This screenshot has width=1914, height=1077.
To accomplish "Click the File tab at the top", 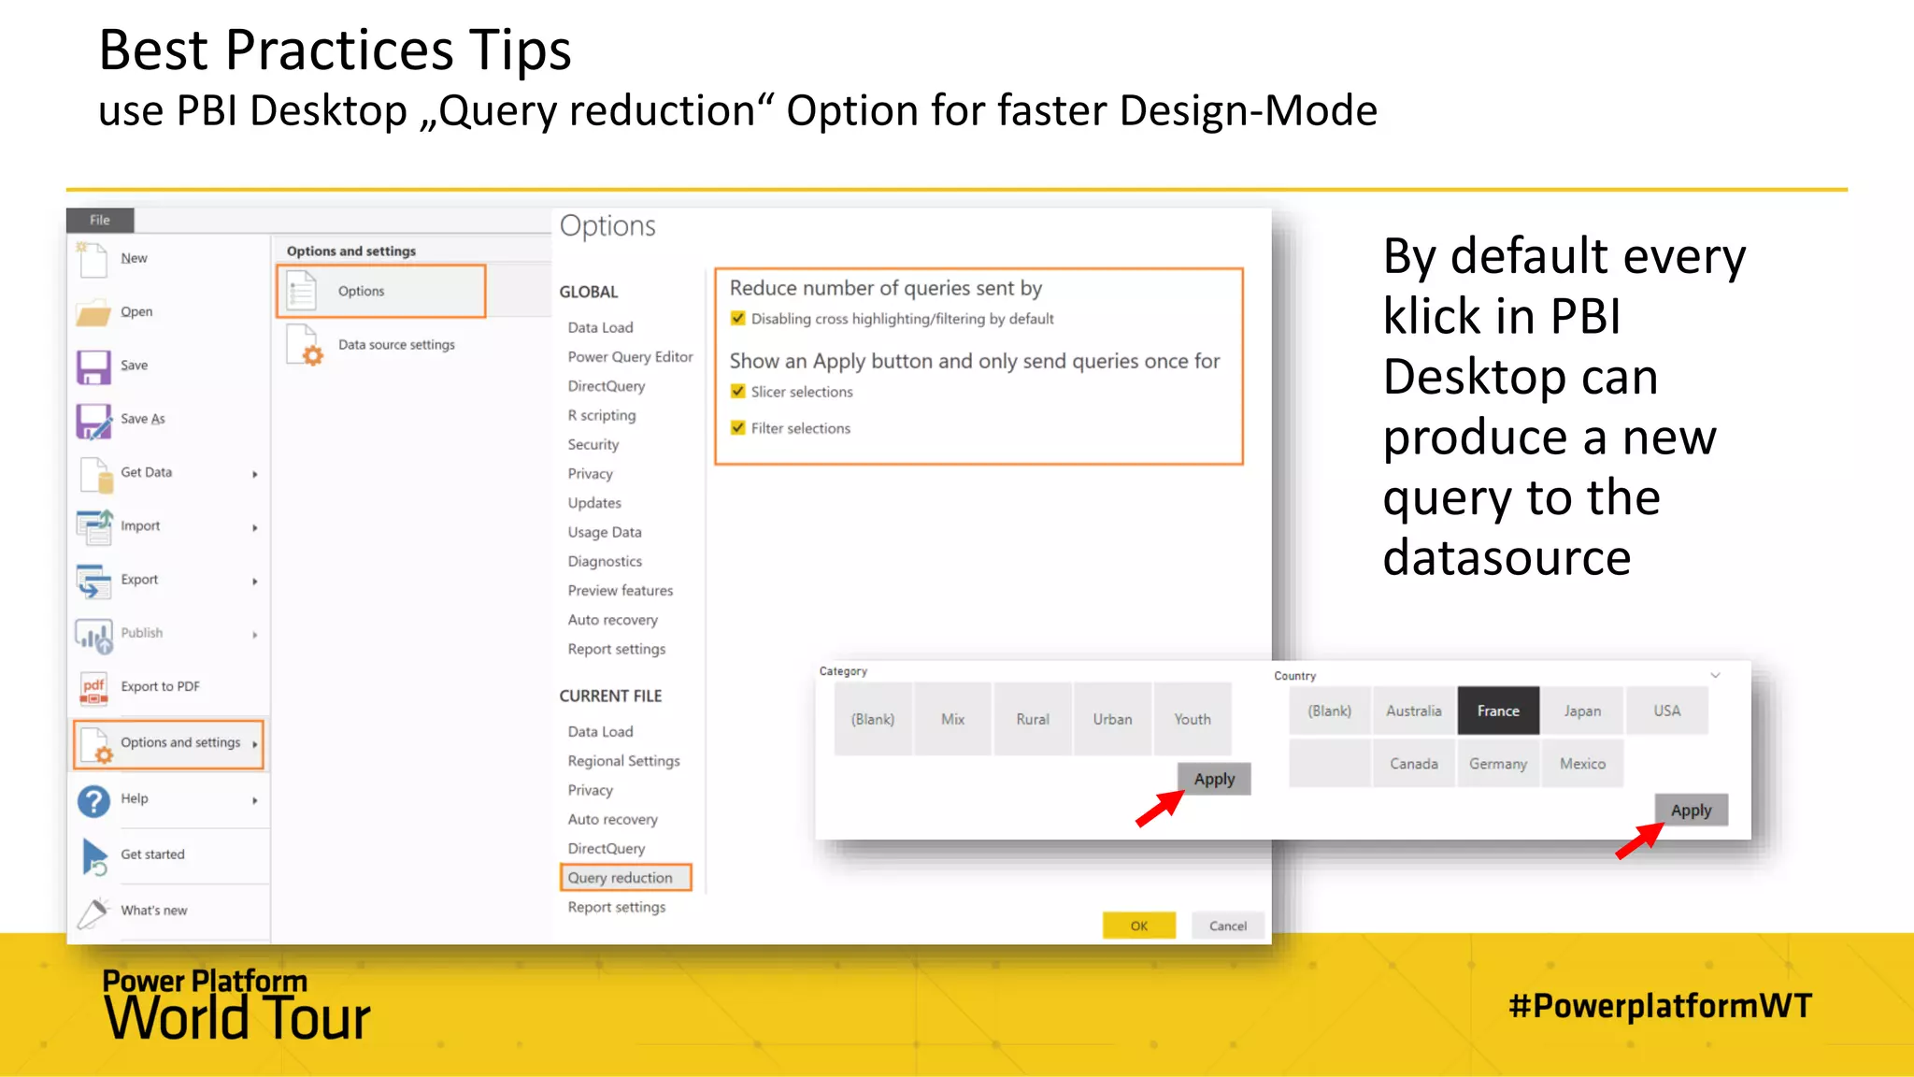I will (100, 220).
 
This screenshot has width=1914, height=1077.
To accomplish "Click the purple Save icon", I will (93, 366).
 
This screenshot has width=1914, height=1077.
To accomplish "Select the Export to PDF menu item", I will (160, 686).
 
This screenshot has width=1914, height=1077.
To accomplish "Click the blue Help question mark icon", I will (93, 800).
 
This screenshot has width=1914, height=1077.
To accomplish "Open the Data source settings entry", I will (396, 345).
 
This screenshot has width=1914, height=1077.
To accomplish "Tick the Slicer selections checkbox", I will (738, 392).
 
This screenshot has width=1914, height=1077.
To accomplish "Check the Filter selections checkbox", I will (738, 428).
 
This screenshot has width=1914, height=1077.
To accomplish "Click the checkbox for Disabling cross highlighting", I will (738, 319).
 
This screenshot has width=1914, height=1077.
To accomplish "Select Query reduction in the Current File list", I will (621, 878).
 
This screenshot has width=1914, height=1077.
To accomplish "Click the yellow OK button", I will (1138, 926).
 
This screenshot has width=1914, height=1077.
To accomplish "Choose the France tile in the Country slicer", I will (1498, 711).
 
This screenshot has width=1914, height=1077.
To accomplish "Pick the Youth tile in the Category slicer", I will (1193, 719).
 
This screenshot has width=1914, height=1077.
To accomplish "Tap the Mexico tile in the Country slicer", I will (1582, 764).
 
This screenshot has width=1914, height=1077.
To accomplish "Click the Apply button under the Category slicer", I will (1214, 779).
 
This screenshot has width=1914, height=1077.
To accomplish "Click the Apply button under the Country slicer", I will (1691, 811).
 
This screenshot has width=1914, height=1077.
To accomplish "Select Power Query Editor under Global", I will (630, 357).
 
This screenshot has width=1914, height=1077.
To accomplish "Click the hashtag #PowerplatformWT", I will (1660, 1006).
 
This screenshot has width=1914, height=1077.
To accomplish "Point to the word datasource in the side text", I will (1507, 558).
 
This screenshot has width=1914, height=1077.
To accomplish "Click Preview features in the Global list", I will (621, 591).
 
